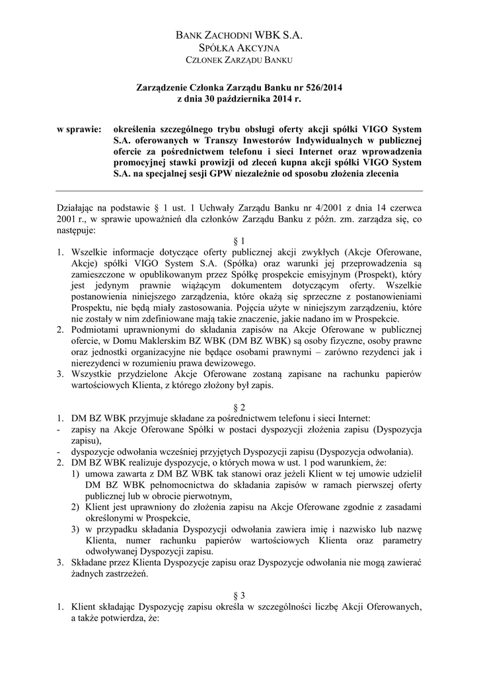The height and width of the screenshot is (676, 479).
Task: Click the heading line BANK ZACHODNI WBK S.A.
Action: [239, 36]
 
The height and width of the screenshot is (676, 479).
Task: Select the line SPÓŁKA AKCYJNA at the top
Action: [239, 49]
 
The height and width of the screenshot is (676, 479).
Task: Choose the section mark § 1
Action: [239, 242]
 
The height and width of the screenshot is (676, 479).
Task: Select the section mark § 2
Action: [239, 407]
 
